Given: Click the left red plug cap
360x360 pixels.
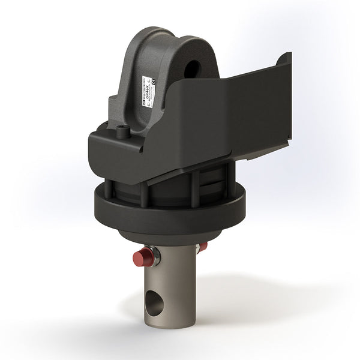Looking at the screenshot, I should [142, 258].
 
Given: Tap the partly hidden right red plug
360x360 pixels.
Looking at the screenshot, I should [203, 247].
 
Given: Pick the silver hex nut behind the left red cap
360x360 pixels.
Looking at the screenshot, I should [155, 256].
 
